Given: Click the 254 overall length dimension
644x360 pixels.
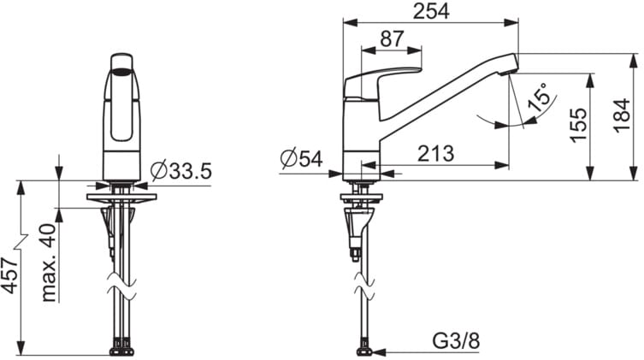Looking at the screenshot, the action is click(431, 11).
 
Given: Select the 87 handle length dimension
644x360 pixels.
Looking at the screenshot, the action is click(392, 39).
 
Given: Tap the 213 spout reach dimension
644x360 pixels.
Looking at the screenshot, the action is click(436, 154).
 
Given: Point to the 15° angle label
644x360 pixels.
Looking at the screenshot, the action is click(539, 97).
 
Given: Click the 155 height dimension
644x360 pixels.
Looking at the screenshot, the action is click(578, 125).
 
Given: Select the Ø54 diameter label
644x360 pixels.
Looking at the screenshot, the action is click(301, 158).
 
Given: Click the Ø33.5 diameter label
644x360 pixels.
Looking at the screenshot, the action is click(180, 171).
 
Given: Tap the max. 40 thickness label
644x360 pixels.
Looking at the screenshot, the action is click(49, 263).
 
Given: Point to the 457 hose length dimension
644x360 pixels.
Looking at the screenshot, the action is click(10, 275).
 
